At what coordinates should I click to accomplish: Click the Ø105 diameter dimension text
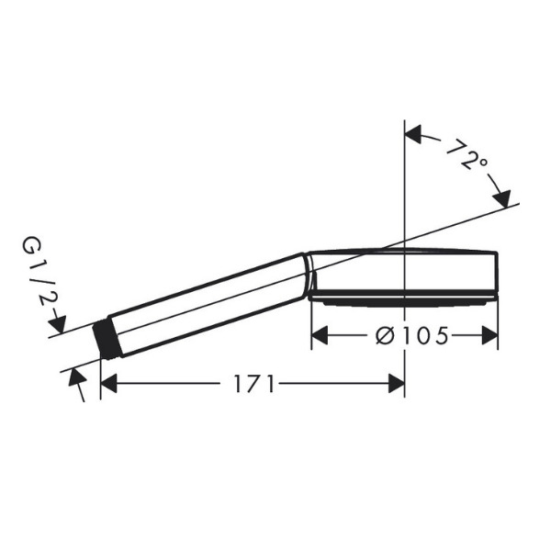(x=411, y=335)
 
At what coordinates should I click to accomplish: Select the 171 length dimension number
(x=253, y=383)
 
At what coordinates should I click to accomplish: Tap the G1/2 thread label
(x=39, y=270)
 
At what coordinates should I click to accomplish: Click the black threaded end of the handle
(x=107, y=340)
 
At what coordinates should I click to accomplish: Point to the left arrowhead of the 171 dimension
(x=108, y=383)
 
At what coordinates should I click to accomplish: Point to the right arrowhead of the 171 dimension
(x=397, y=383)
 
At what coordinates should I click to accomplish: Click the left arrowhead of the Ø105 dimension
(x=320, y=335)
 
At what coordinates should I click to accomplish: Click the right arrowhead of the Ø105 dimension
(x=489, y=335)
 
